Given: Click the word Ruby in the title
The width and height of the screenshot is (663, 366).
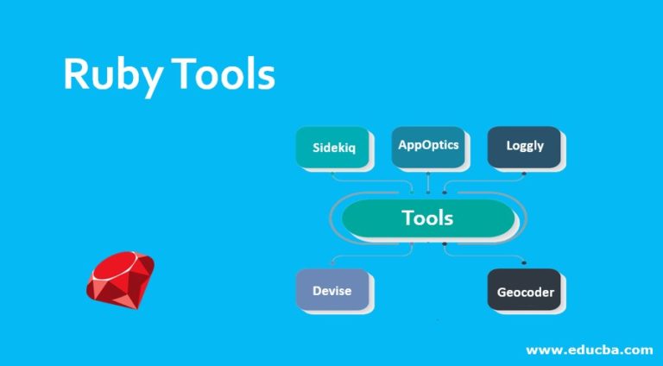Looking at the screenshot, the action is coord(113,77).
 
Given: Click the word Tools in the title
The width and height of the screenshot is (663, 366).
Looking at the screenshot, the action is coord(223,74).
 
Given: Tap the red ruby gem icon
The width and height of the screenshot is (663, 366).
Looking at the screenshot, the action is coord(121,280).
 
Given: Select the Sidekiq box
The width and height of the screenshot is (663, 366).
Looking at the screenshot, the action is coord(332,147).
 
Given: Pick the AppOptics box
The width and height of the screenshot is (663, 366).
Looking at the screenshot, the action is coord(428,147).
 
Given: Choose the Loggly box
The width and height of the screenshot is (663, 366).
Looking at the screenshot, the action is coord(524,147).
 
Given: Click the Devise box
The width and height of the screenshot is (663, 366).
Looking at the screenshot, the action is coord(332,290).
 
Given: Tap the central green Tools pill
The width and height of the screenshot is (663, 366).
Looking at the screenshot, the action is coord(428,218).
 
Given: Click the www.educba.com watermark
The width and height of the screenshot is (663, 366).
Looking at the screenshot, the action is coord(590,350).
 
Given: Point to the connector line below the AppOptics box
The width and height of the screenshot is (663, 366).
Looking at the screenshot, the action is coord(428,183).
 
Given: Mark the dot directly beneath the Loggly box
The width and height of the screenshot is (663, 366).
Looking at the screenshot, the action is coord(524,173).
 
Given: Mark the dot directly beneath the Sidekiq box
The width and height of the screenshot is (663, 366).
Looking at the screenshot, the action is coord(332,174).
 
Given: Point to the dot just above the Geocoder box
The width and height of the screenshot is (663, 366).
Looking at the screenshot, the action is coord(524,263).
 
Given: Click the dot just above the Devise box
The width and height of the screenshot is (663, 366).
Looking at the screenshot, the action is coord(332,263).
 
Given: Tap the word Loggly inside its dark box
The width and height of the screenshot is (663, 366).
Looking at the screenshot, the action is coord(525,146).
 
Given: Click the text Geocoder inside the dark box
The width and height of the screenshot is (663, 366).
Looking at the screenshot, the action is coord(526,292).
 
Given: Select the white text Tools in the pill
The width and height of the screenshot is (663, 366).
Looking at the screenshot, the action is coord(427,218).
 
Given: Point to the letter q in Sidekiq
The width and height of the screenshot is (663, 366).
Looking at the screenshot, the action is coord(351,149).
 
